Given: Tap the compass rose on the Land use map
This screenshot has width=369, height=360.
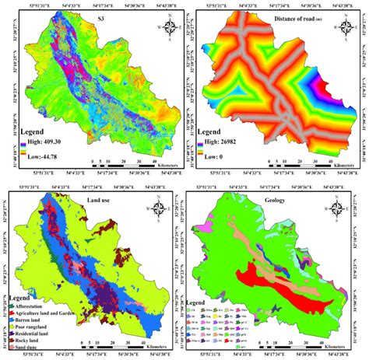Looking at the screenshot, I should (x=159, y=208).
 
